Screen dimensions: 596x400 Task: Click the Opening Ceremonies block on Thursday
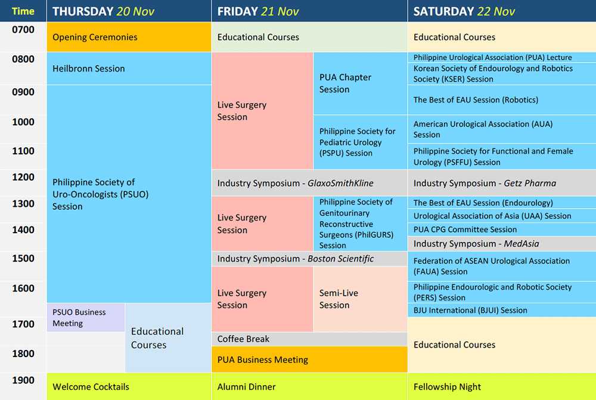129,37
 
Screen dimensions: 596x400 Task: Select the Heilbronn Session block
129,69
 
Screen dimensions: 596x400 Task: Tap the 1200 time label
23,177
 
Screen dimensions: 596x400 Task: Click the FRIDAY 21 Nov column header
309,11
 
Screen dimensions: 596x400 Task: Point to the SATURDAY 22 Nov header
502,11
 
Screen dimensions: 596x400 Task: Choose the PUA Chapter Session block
361,83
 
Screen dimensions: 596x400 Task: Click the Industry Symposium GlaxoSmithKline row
309,183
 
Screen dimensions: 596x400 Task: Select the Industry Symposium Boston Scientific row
309,259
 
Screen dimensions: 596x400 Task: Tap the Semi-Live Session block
361,299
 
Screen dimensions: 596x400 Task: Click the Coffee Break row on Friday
309,339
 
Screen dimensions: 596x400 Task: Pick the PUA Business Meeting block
309,359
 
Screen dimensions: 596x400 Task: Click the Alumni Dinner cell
309,387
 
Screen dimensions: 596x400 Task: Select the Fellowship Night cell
502,387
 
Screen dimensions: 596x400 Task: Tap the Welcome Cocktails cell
129,387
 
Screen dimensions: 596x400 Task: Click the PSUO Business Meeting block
86,318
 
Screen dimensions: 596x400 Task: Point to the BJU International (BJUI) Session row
502,310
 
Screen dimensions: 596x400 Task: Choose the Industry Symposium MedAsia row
502,244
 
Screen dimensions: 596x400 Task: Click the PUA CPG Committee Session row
502,230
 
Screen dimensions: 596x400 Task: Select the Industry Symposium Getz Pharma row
502,183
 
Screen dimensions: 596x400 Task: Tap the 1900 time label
23,380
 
